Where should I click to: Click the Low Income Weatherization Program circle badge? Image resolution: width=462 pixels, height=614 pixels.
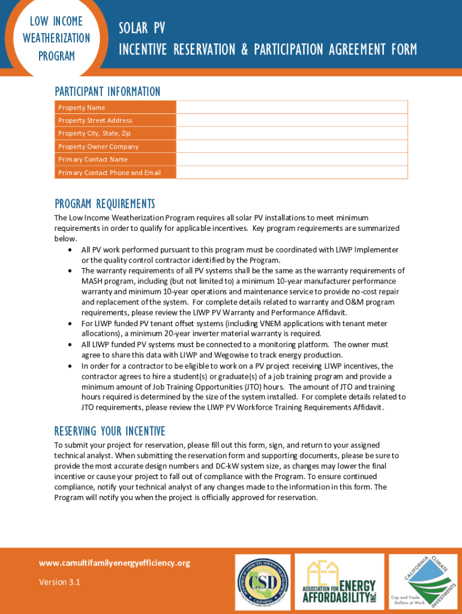pyautogui.click(x=56, y=37)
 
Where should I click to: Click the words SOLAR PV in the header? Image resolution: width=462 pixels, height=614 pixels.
pyautogui.click(x=142, y=29)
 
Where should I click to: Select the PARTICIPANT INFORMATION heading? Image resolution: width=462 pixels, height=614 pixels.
pyautogui.click(x=107, y=92)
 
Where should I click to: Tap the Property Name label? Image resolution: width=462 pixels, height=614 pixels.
pyautogui.click(x=81, y=107)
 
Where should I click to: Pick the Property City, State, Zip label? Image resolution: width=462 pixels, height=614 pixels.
pyautogui.click(x=94, y=133)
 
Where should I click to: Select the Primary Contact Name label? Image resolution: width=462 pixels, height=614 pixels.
pyautogui.click(x=92, y=159)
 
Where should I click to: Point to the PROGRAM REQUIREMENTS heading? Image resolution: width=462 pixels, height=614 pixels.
pyautogui.click(x=104, y=204)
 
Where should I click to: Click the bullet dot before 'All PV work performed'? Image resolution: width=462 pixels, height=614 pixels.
pyautogui.click(x=71, y=249)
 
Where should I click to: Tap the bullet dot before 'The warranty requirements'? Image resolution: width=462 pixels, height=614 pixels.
pyautogui.click(x=71, y=271)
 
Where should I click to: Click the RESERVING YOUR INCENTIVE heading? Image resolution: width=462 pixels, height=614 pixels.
pyautogui.click(x=110, y=431)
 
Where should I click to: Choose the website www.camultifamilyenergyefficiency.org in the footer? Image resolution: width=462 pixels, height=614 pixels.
pyautogui.click(x=114, y=563)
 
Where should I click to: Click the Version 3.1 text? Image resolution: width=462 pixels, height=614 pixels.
pyautogui.click(x=59, y=582)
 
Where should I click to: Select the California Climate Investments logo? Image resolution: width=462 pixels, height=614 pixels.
pyautogui.click(x=422, y=580)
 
